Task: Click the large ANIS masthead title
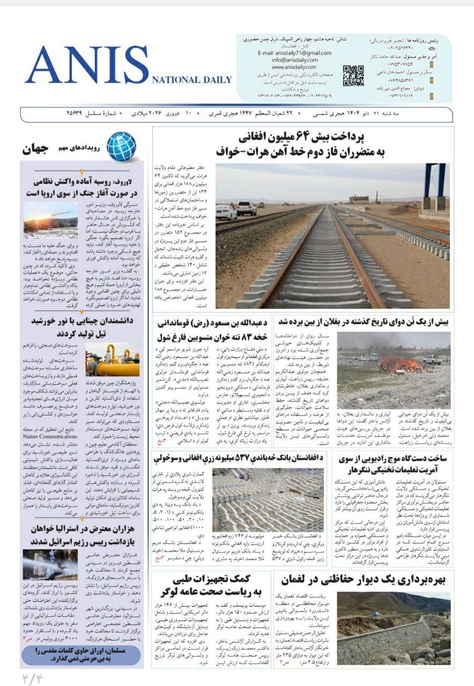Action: pyautogui.click(x=87, y=65)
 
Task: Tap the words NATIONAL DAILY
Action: pyautogui.click(x=192, y=80)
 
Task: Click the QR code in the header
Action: pyautogui.click(x=353, y=76)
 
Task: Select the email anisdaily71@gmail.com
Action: pyautogui.click(x=294, y=53)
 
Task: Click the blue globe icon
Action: pyautogui.click(x=121, y=147)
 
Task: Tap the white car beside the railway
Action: pyautogui.click(x=226, y=212)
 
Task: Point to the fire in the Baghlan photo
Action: pyautogui.click(x=397, y=365)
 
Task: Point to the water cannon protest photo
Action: pyautogui.click(x=50, y=564)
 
